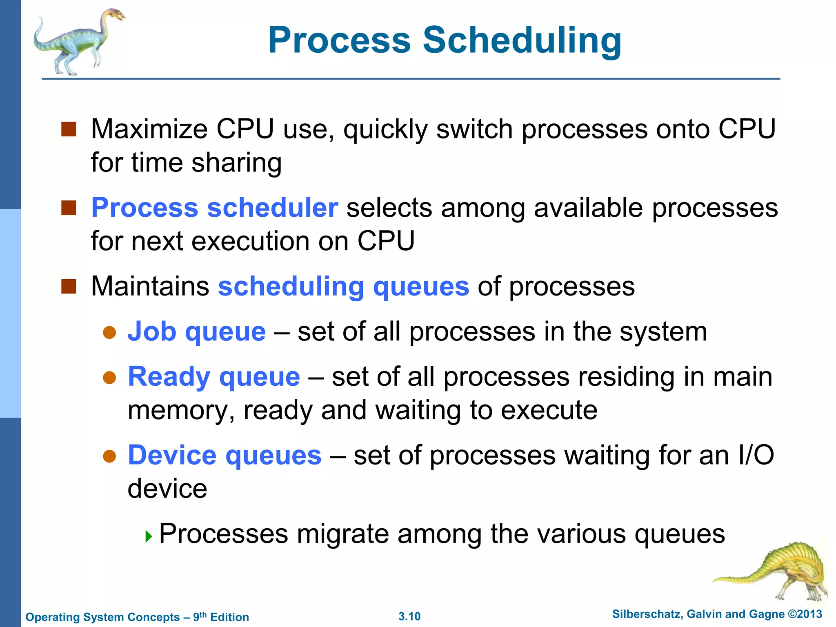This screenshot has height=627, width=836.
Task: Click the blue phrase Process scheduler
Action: [x=214, y=208]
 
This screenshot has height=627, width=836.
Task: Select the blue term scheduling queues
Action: [x=343, y=286]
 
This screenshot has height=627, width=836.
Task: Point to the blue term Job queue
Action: [x=196, y=331]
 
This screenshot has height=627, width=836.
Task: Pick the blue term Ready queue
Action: [x=214, y=376]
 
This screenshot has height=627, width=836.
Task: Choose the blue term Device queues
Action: [x=225, y=455]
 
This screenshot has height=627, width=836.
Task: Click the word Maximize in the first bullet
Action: [x=149, y=129]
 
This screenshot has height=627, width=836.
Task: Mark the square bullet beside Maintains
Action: [x=69, y=286]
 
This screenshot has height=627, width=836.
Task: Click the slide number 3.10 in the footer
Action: [x=409, y=616]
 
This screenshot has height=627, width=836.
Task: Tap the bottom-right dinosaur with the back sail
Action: [x=784, y=571]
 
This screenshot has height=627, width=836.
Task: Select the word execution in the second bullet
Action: [x=250, y=241]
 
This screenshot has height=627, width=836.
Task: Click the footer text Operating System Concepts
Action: [x=102, y=617]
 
